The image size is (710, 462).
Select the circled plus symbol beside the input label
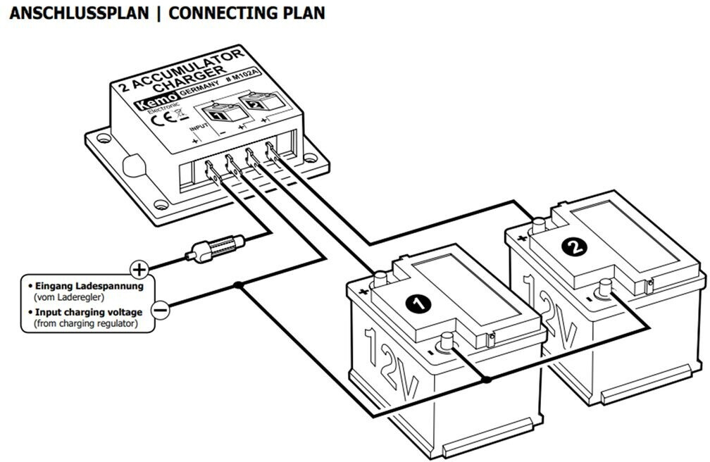tap(139, 268)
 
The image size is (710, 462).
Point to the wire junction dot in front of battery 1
tap(485, 380)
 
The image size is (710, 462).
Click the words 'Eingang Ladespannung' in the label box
tap(89, 287)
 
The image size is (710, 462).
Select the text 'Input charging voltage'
tap(90, 312)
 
